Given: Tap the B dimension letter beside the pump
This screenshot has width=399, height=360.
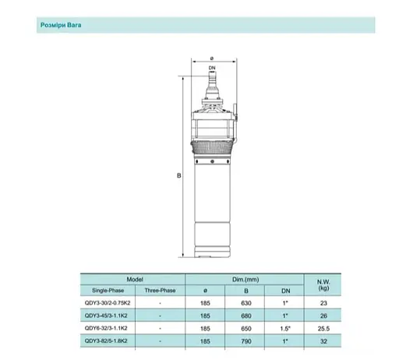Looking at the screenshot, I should point(179,177).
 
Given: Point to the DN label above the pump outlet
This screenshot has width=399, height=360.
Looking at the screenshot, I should point(211,69).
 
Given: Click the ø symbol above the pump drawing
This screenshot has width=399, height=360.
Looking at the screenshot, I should point(211,57).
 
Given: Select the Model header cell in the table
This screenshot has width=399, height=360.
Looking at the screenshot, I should point(134,278).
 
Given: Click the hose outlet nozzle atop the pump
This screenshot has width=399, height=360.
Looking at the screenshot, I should point(211,79).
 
